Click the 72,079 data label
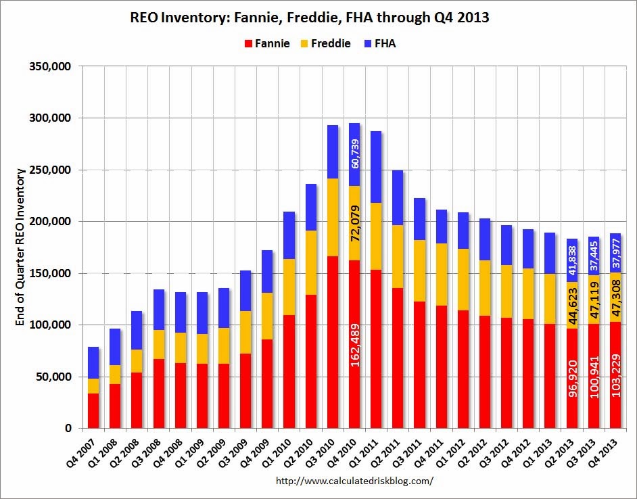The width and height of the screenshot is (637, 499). click(x=354, y=222)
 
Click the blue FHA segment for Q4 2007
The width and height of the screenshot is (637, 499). click(x=94, y=362)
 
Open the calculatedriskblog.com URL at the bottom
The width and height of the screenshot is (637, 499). click(x=355, y=481)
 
